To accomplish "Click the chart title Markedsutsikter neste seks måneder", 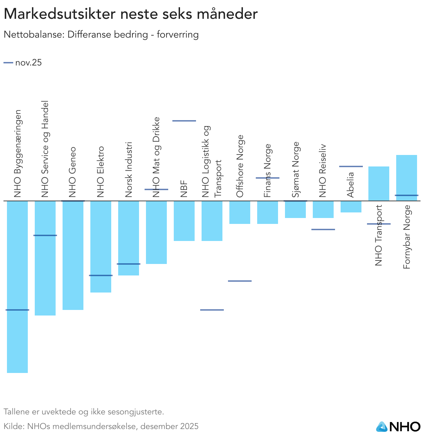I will (x=130, y=14).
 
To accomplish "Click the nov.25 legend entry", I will (x=23, y=63).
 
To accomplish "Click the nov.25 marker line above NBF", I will (x=184, y=121).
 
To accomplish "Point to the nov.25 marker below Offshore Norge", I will (x=240, y=281).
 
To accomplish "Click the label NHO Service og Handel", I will (x=45, y=149).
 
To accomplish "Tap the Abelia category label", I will (x=350, y=185).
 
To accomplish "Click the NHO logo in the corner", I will (x=398, y=427).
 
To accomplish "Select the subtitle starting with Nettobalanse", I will (x=101, y=35).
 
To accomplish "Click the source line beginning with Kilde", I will (x=101, y=426).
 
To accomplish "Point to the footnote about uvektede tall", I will (x=83, y=412).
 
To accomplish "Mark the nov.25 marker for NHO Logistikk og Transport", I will (x=212, y=310).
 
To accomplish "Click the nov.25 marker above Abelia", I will (x=351, y=166).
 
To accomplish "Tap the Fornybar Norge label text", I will (x=407, y=237).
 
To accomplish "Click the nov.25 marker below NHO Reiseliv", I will (x=323, y=229).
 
